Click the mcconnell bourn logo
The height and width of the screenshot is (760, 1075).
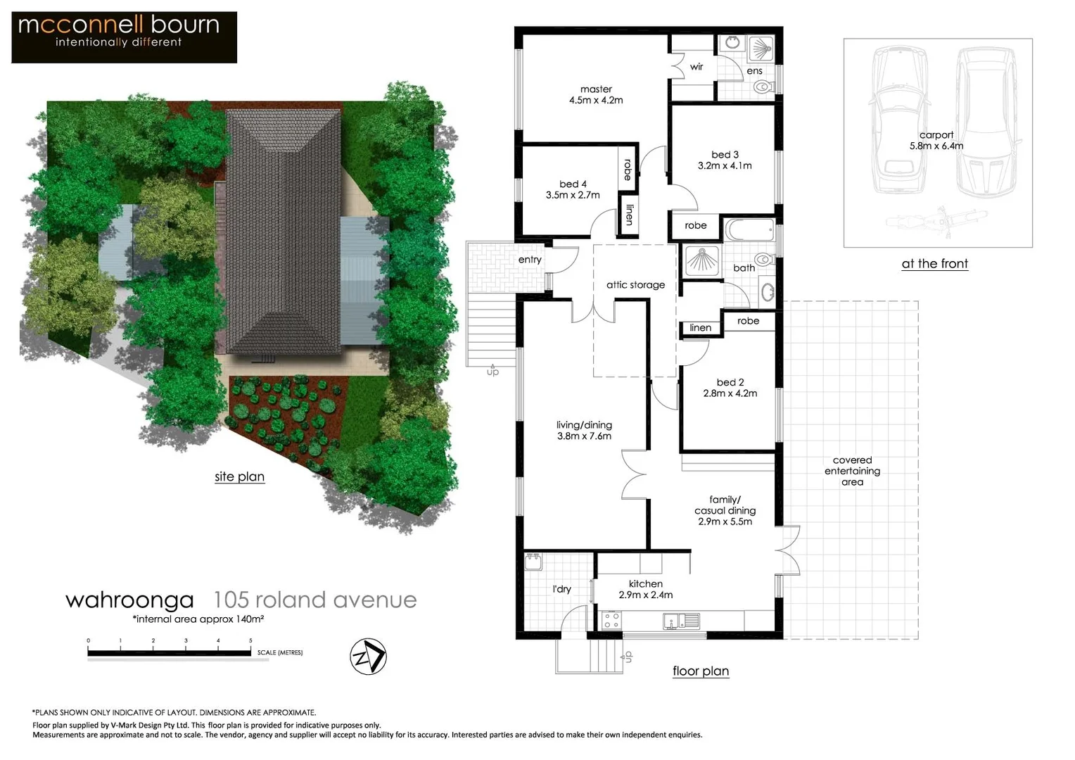point(124,37)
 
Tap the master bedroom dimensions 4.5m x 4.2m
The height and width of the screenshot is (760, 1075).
point(596,101)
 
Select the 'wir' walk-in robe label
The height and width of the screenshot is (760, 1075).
point(696,67)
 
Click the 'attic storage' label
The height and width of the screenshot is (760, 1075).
point(635,285)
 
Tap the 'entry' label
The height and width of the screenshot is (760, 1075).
point(530,260)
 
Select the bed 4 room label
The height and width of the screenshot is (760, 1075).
point(573,184)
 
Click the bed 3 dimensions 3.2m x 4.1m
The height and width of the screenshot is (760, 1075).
point(725,166)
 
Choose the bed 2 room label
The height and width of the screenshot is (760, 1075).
point(730,383)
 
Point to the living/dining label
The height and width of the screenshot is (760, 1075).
point(584,425)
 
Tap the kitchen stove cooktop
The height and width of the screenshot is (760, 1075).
point(611,620)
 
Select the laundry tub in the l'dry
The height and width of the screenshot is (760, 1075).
point(533,562)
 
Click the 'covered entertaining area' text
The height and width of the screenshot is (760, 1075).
point(852,471)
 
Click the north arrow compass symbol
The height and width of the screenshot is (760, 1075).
point(368,657)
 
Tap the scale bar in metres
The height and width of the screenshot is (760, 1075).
point(169,652)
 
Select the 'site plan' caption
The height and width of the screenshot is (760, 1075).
point(239,476)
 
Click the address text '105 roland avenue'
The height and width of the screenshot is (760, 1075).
point(314,600)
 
